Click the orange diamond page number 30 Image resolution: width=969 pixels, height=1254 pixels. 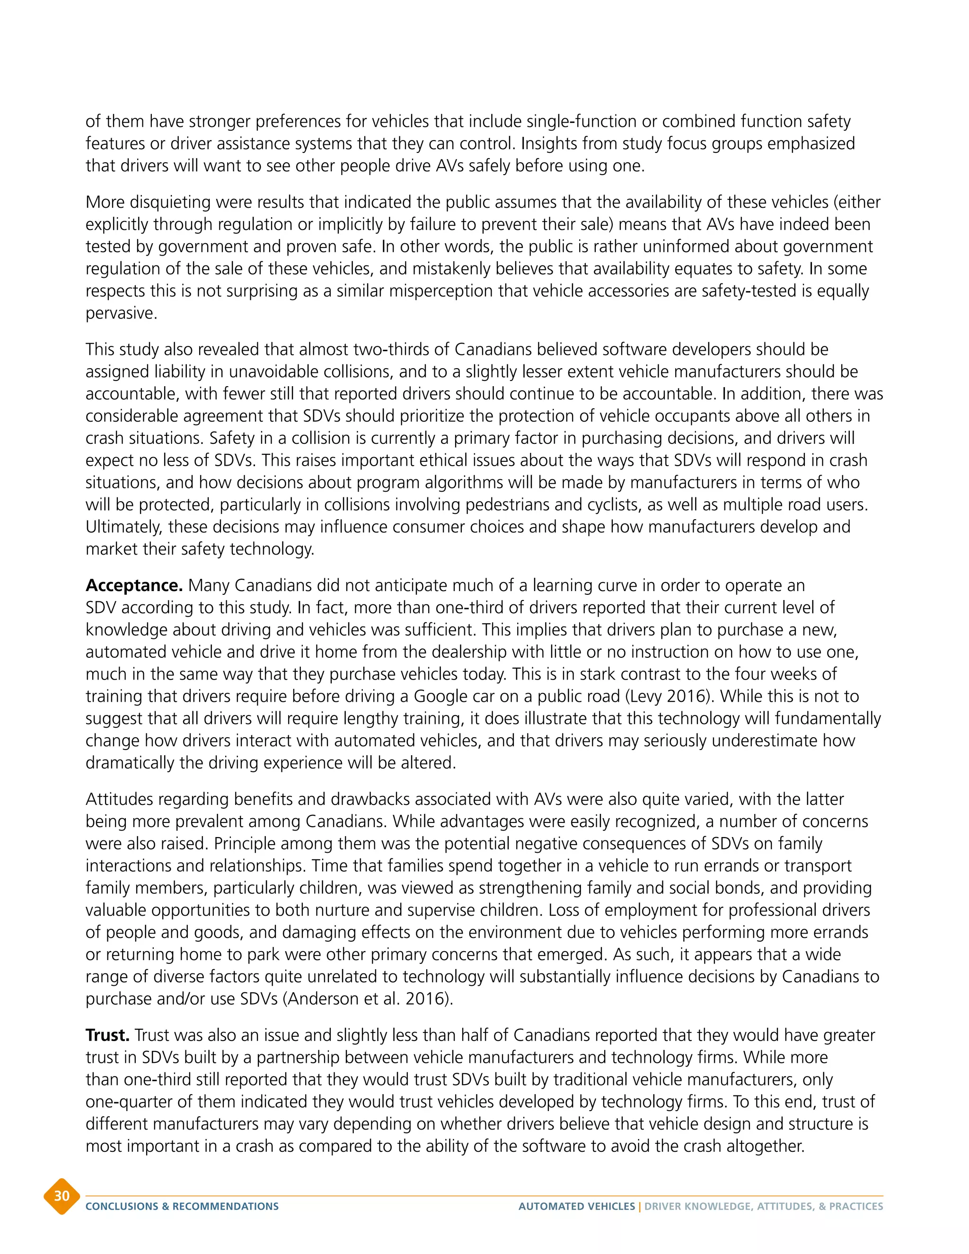[62, 1196]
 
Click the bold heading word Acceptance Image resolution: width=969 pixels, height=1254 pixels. [134, 586]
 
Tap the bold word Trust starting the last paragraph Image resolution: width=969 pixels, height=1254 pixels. [107, 1035]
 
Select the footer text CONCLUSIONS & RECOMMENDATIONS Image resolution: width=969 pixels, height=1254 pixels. [182, 1206]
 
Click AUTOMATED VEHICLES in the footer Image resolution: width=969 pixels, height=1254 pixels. [576, 1206]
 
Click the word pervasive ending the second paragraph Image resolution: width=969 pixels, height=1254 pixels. [121, 313]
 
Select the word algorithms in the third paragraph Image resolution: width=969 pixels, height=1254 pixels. [434, 482]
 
